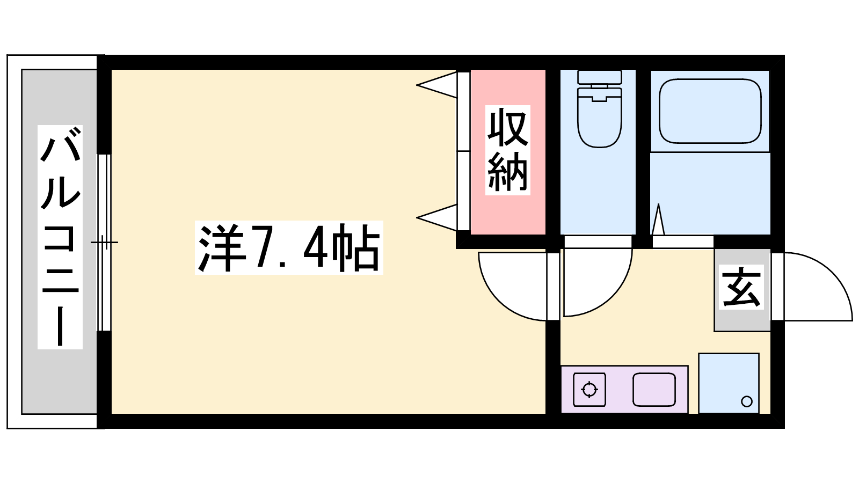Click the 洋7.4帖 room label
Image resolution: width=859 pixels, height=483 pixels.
click(x=289, y=247)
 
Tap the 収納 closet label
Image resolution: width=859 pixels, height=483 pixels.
click(x=507, y=150)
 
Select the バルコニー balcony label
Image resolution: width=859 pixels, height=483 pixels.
click(x=60, y=236)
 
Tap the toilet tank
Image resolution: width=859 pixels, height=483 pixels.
click(x=599, y=77)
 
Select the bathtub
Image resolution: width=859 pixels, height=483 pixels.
click(x=710, y=111)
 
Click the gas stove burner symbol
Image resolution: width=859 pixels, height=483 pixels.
click(x=589, y=389)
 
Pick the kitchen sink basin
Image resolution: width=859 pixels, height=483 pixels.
click(x=653, y=389)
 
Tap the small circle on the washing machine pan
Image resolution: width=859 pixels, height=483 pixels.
click(x=746, y=401)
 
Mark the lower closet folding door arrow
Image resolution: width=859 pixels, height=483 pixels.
click(x=436, y=217)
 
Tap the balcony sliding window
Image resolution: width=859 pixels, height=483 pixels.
click(x=104, y=243)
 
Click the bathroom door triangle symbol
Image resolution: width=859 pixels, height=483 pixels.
click(x=658, y=219)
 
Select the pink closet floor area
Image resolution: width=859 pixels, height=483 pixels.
click(x=507, y=215)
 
